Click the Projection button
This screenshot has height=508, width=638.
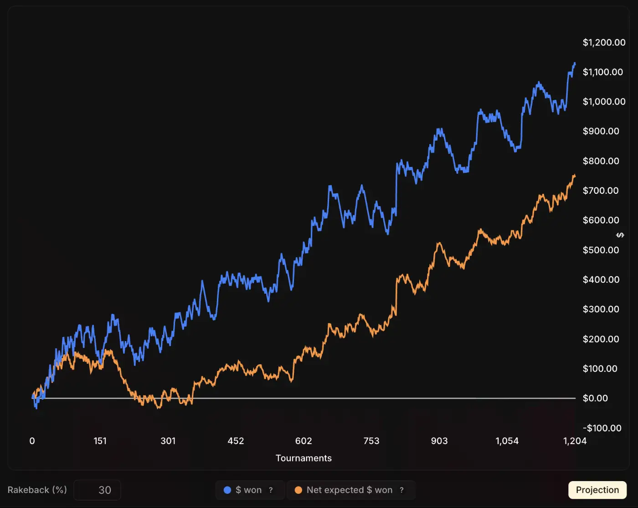(597, 490)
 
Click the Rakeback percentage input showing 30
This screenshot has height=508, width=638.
(98, 490)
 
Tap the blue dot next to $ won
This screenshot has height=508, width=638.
(227, 490)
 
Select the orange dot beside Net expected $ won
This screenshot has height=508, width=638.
(298, 490)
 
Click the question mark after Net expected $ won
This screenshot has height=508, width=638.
(401, 490)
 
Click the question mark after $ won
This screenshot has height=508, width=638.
(271, 490)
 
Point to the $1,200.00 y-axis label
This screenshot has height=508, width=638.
(604, 42)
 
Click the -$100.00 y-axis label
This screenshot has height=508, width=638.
(602, 428)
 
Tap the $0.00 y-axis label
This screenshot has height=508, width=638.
(595, 398)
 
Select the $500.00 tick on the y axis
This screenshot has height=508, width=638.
(601, 250)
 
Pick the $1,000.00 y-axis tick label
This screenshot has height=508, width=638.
(604, 102)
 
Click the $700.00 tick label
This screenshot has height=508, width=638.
(601, 191)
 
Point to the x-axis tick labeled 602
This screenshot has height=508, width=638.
(304, 441)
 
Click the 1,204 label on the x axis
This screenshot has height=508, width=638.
(575, 441)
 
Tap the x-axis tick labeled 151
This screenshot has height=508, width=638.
(100, 441)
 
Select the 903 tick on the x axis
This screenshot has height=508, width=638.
(439, 441)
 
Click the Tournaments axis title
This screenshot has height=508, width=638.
(304, 458)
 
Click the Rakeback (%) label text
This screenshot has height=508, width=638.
(37, 490)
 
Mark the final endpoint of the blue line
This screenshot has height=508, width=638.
(575, 63)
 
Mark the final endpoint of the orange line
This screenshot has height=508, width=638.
(575, 176)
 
